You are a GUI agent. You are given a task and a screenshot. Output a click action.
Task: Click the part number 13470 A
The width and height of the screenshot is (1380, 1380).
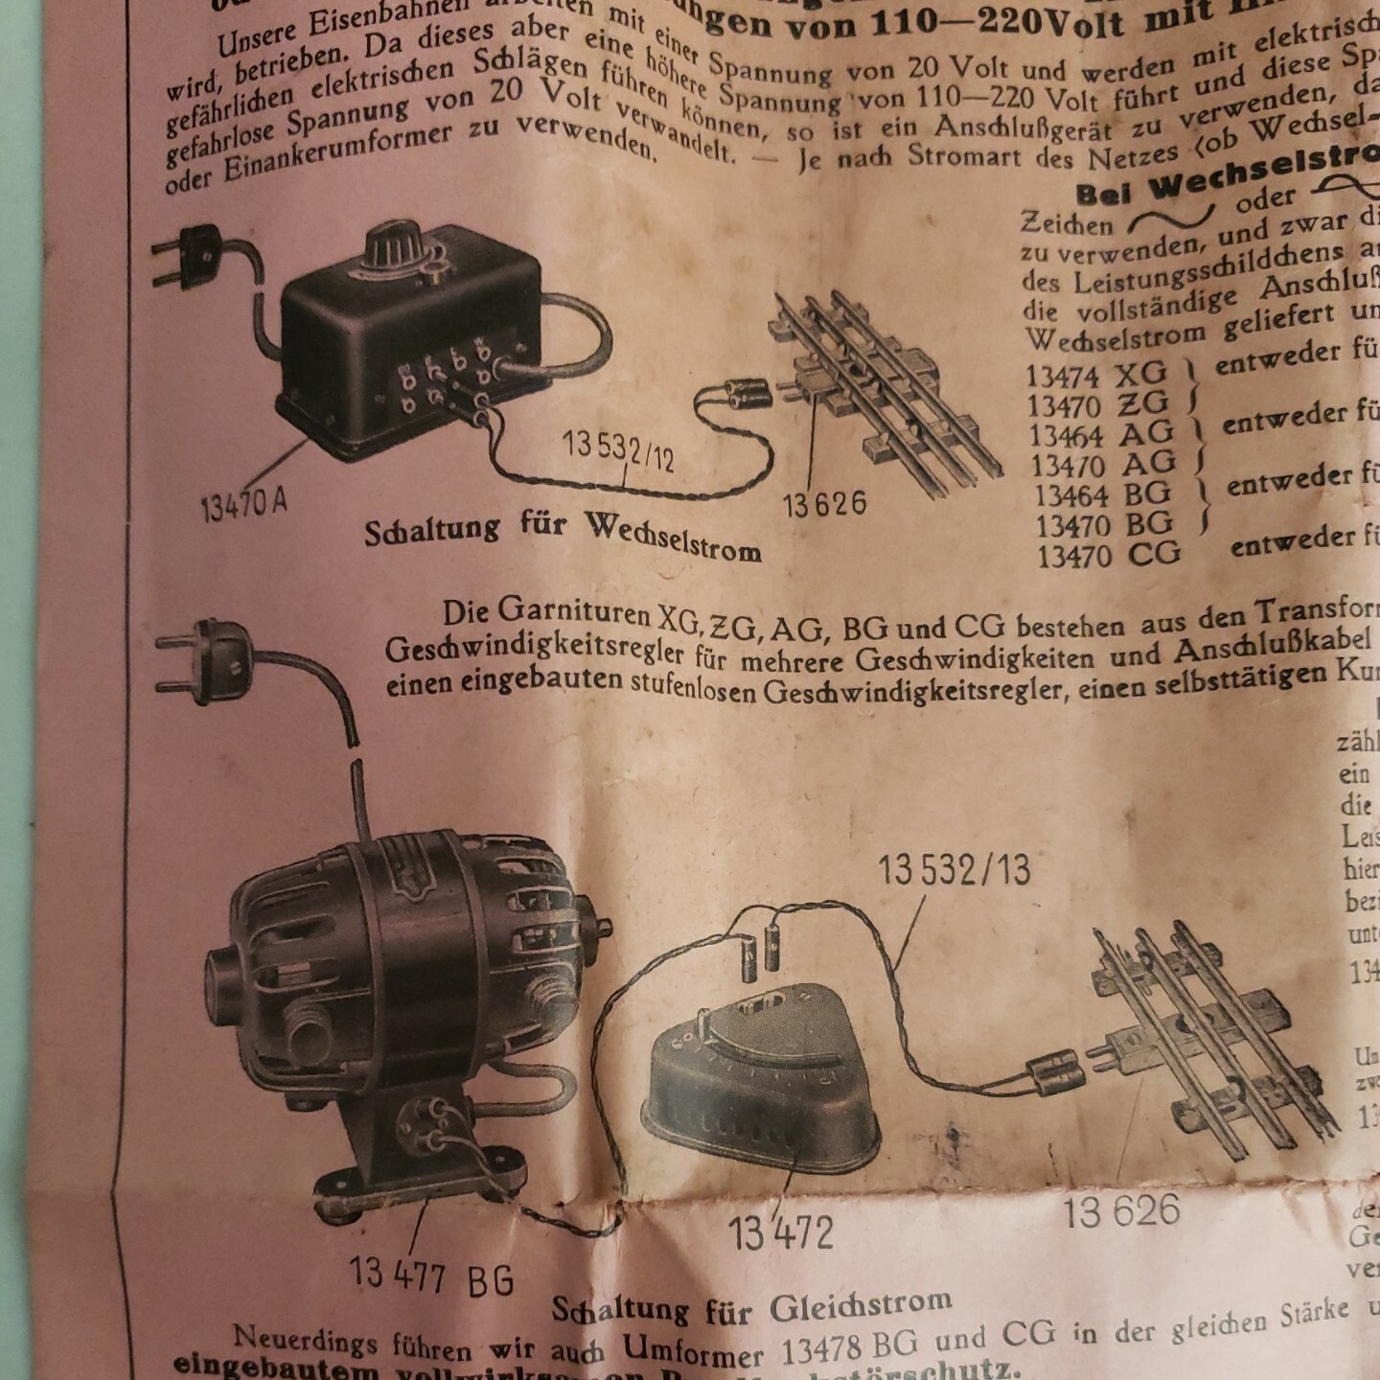[243, 502]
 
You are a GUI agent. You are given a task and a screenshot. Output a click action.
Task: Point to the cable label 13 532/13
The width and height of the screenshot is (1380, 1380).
[954, 870]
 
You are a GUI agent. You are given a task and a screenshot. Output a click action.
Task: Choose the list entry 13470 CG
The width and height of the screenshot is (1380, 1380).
[1109, 555]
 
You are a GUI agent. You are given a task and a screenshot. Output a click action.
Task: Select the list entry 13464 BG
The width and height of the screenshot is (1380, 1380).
[1103, 494]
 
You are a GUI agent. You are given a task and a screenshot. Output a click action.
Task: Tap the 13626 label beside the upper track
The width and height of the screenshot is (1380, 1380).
[824, 503]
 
